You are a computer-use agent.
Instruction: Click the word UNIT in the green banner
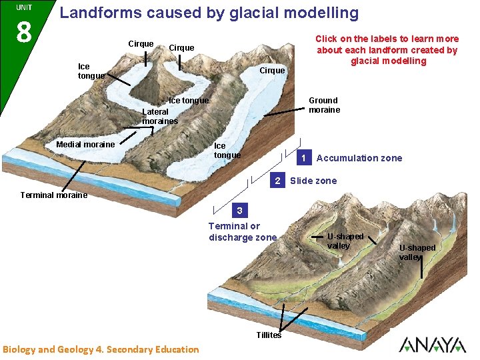24,7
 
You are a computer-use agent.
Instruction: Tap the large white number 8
23,30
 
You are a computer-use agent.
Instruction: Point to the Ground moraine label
324,105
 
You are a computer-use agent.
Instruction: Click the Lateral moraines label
160,117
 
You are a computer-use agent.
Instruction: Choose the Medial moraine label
85,145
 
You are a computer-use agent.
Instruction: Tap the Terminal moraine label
54,195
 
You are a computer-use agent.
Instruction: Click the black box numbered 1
303,158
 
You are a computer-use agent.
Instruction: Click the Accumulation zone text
359,158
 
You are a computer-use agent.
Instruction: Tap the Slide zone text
313,181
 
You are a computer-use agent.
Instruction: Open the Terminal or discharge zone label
243,232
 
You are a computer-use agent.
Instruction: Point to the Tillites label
269,335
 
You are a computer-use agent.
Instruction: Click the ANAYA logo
432,345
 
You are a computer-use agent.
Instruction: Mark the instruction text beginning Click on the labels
387,50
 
